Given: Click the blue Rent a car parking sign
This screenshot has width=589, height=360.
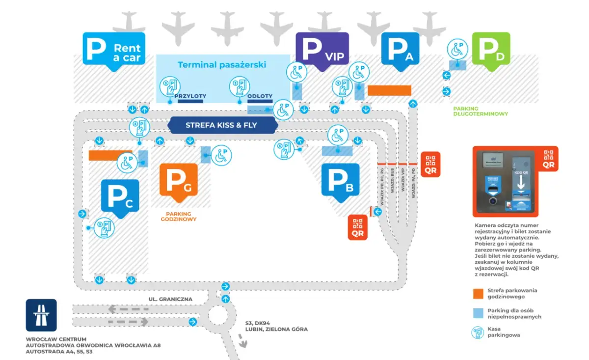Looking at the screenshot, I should (x=114, y=49).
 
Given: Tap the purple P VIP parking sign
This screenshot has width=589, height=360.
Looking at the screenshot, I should (x=322, y=50).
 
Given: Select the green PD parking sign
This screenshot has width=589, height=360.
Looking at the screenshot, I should (x=491, y=50).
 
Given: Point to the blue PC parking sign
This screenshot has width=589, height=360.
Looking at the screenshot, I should (x=120, y=198).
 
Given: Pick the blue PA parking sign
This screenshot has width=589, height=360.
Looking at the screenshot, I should (x=401, y=50).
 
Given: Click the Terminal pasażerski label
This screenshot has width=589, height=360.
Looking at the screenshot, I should (x=222, y=64).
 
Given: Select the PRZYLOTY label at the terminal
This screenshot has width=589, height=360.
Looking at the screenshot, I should (x=190, y=96).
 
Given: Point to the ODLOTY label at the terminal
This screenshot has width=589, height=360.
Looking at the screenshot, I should (x=260, y=96).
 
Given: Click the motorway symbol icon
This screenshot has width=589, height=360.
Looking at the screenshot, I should (x=41, y=315).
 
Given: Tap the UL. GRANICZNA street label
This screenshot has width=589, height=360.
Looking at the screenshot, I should (x=170, y=299).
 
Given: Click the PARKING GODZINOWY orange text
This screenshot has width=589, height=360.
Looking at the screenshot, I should (x=179, y=217).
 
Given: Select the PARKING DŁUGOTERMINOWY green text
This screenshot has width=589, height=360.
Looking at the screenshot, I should (x=481, y=111).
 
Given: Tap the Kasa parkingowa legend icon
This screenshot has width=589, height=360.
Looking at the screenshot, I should (x=478, y=332).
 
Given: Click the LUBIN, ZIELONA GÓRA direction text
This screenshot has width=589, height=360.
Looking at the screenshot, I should (x=276, y=329).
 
